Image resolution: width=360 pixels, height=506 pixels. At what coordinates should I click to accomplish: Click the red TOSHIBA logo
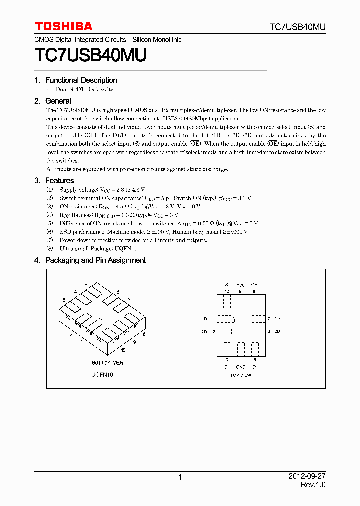63,26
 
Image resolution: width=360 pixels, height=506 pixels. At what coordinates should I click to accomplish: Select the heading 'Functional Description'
81,80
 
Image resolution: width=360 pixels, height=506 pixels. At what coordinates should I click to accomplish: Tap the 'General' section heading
58,101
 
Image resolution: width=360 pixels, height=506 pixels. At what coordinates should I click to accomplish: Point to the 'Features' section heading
59,181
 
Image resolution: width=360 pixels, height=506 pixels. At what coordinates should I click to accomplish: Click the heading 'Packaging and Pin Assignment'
95,260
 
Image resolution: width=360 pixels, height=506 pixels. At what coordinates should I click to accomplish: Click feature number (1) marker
49,190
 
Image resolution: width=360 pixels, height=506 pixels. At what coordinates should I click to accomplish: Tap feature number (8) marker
49,248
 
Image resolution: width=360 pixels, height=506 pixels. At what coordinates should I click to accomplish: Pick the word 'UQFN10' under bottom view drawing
102,375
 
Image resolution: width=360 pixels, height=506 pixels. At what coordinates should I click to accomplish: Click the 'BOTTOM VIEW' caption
107,363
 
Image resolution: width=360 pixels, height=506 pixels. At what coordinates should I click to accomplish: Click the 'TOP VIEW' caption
240,375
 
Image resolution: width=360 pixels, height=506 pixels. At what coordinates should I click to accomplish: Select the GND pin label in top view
241,367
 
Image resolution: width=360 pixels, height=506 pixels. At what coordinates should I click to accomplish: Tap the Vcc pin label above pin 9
241,284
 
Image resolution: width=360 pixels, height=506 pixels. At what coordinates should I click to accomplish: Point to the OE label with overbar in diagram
254,284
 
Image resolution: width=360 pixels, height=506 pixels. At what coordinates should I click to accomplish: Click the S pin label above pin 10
226,284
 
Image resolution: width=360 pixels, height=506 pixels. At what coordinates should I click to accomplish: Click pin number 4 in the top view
241,360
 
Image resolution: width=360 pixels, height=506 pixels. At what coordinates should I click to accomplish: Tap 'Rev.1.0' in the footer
313,485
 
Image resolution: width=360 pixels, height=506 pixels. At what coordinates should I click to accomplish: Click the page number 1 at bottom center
180,477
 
